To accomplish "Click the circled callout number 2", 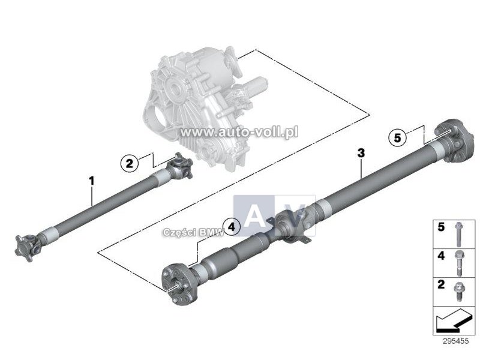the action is coord(130,163).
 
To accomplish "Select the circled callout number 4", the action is coord(232,227).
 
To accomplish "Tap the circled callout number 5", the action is coord(397,138).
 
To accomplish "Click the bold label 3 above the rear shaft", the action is coord(361,152).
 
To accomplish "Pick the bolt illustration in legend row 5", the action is coord(458,234).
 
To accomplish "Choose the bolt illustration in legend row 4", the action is coord(458,263).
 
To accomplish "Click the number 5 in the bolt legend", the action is coord(441,227).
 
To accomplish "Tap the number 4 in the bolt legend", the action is coord(441,256).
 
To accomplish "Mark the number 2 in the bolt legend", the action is coord(441,284).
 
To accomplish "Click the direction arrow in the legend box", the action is coord(454,321).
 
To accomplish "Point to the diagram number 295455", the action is coord(455,341).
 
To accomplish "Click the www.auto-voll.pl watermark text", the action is coord(239,132).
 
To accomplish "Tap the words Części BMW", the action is coord(194,233).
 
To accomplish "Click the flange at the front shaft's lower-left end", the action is coord(27,247).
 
